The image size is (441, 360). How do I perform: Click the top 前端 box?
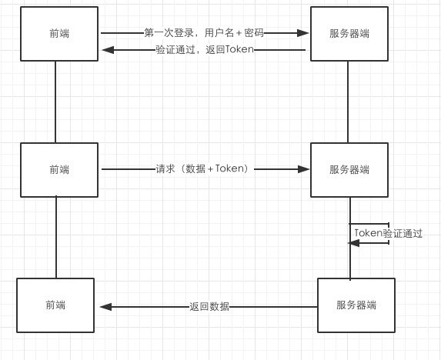click(59, 34)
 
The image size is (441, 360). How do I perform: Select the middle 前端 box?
click(59, 170)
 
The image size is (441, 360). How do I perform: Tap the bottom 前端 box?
click(55, 305)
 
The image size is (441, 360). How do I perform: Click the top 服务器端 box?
click(349, 34)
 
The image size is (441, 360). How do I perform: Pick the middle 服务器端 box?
click(349, 170)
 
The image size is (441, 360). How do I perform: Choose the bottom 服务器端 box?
click(356, 305)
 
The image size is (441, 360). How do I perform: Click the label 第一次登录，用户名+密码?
click(204, 33)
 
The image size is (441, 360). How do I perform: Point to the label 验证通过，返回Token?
click(205, 50)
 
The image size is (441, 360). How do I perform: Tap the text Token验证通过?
click(389, 233)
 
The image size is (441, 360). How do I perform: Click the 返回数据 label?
click(209, 307)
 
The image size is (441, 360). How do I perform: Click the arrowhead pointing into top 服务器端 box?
click(303, 33)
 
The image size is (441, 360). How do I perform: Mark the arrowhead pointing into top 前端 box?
click(108, 50)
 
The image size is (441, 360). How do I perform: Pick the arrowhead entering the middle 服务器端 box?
click(303, 169)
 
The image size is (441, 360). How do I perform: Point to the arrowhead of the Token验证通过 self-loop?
click(354, 243)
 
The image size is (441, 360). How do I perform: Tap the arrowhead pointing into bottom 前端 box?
click(105, 307)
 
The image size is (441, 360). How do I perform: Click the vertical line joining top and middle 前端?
click(55, 102)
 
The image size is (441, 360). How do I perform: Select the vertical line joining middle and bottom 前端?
click(56, 238)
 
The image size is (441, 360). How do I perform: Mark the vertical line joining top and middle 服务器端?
click(348, 102)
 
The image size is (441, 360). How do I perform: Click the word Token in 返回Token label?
click(239, 49)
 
